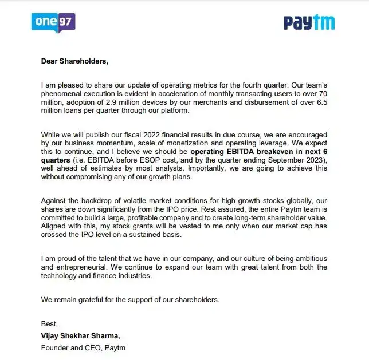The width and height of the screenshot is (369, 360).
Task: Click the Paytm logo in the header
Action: [309, 23]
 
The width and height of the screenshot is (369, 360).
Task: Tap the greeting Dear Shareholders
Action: [74, 60]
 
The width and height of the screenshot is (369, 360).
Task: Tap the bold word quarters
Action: [56, 160]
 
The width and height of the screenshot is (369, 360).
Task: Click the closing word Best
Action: [49, 324]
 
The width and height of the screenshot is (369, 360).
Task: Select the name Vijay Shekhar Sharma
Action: [80, 335]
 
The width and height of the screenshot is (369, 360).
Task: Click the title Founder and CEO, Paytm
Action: [83, 347]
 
